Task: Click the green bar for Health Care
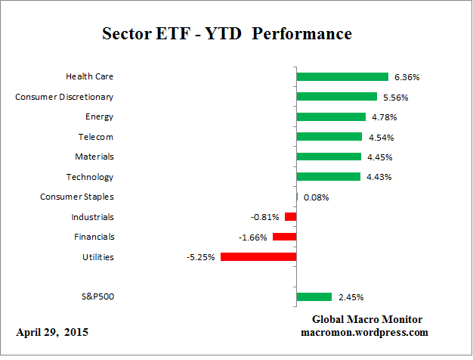(x=342, y=76)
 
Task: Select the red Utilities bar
(x=258, y=257)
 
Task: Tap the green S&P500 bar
(x=314, y=296)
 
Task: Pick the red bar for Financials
(x=284, y=237)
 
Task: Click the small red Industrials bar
(x=290, y=217)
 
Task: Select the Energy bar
(x=331, y=116)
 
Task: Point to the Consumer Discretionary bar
(x=337, y=97)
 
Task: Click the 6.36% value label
(x=406, y=77)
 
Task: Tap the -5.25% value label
(x=200, y=257)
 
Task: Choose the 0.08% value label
(x=316, y=197)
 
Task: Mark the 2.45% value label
(x=350, y=297)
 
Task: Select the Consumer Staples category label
(x=76, y=197)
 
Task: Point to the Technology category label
(x=90, y=177)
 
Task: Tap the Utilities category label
(x=97, y=257)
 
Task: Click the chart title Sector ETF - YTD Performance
(x=227, y=35)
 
